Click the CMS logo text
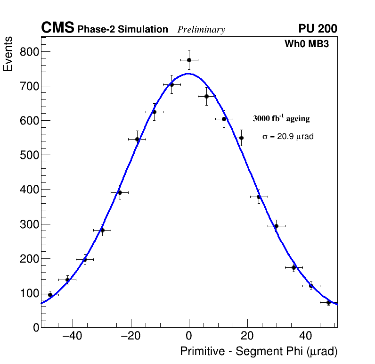point(57,28)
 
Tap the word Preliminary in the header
point(201,30)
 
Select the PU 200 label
point(318,29)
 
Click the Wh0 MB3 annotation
point(306,44)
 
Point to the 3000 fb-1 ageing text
point(281,119)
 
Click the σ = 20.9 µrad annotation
point(288,136)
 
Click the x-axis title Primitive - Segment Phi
point(259,351)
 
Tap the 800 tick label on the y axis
point(29,51)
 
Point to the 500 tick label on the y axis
point(29,155)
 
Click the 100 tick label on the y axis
point(29,293)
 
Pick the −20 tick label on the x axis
point(130,336)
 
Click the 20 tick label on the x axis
point(247,336)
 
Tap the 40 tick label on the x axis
point(305,336)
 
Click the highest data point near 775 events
point(189,60)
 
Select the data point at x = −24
point(120,192)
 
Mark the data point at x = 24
point(259,197)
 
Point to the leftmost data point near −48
point(50,295)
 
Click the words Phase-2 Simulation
point(122,30)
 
